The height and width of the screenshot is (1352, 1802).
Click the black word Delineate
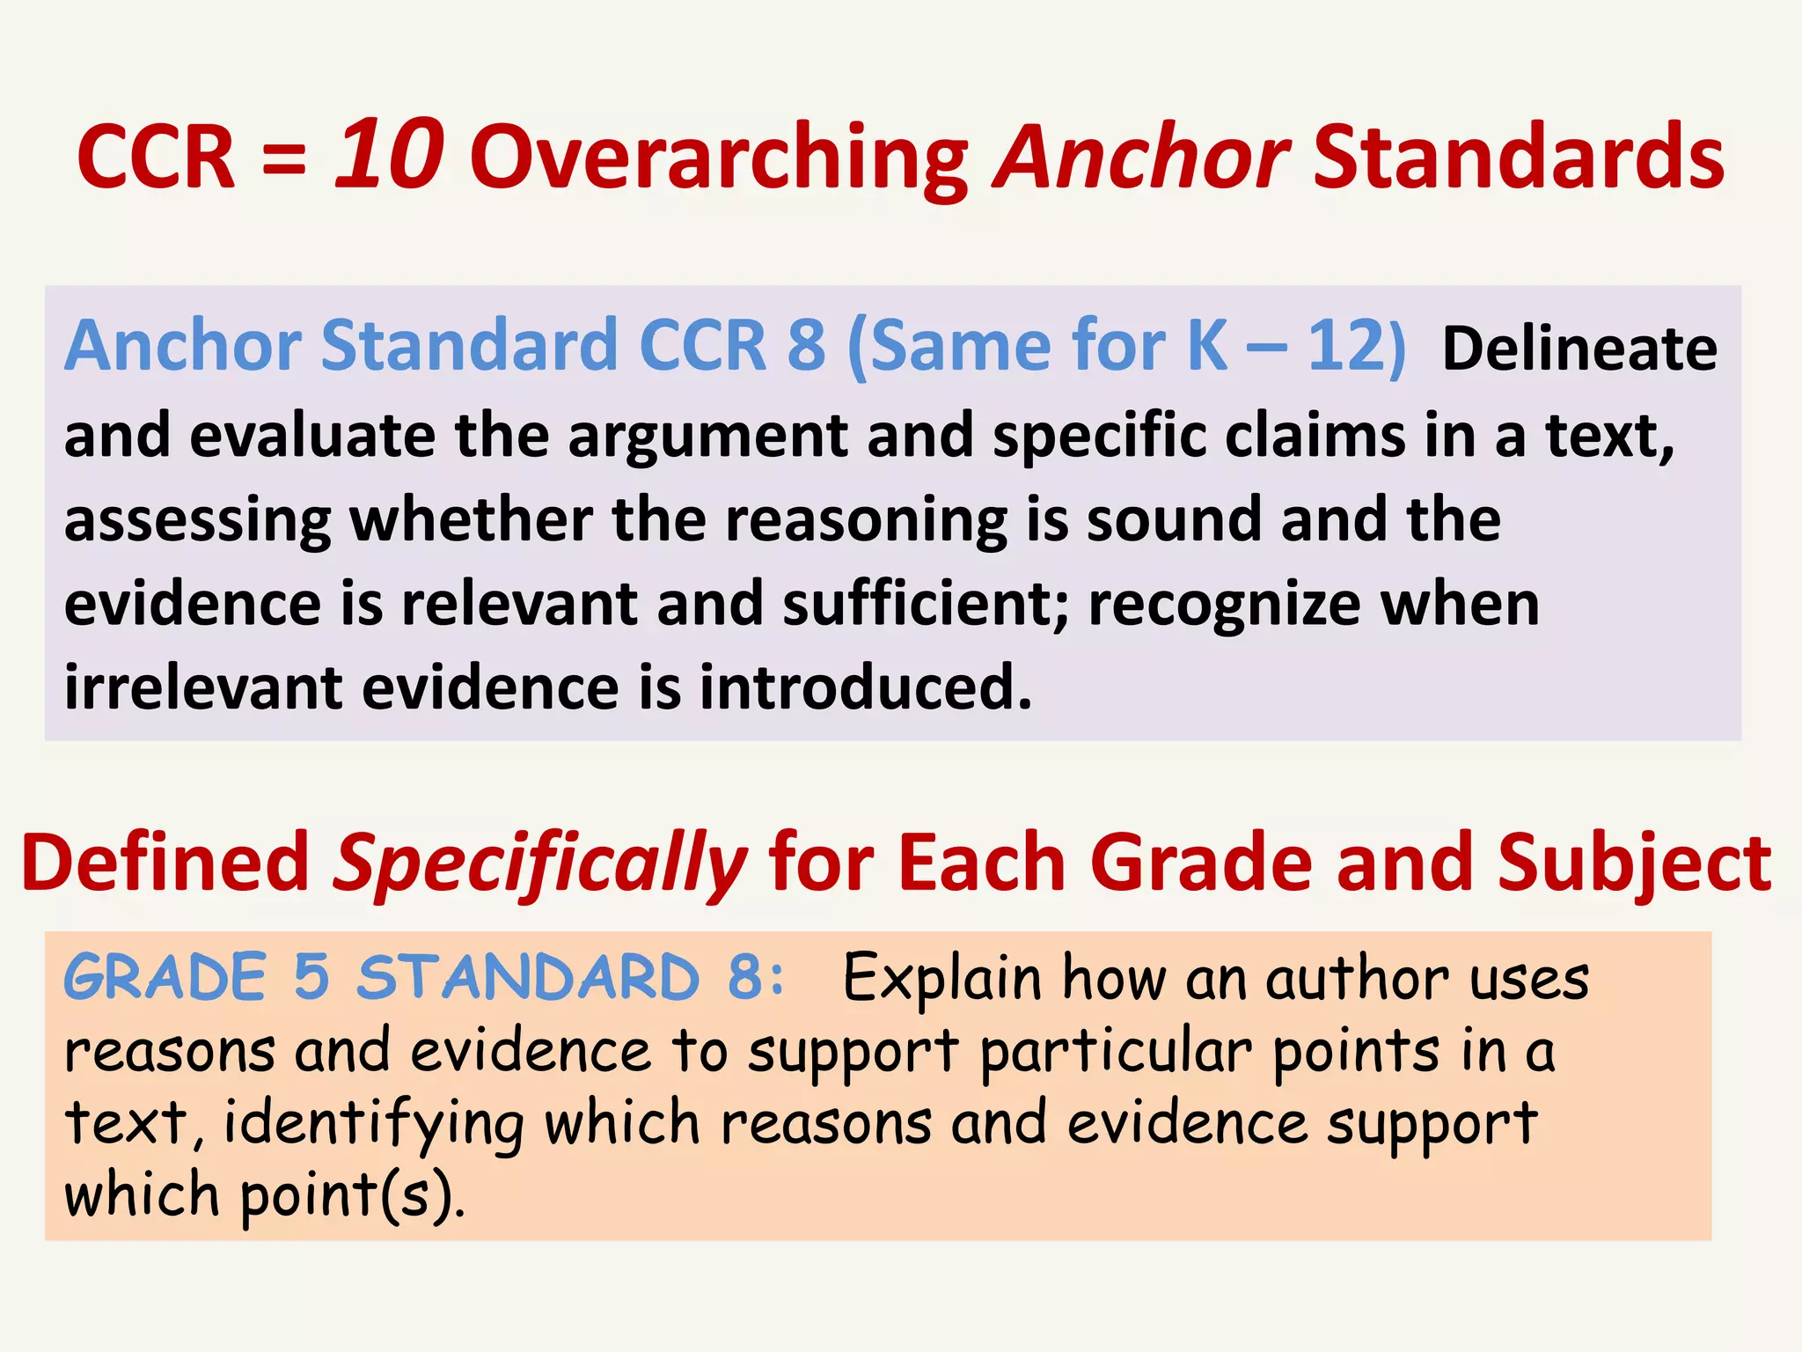click(x=1579, y=349)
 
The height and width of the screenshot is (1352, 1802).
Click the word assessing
click(x=197, y=521)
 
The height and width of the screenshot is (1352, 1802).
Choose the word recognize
click(x=1223, y=607)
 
